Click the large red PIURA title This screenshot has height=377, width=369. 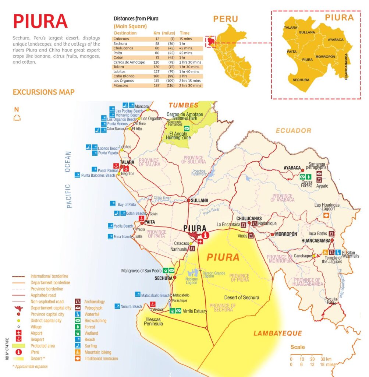click(40, 22)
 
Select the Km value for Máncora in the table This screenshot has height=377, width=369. click(157, 85)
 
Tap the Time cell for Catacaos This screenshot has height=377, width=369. click(184, 39)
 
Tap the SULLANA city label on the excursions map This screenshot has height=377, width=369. click(199, 201)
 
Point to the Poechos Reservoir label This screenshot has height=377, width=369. click(200, 173)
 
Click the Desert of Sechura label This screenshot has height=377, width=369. click(241, 297)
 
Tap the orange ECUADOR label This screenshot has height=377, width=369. click(293, 131)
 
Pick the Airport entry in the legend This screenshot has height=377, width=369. click(37, 333)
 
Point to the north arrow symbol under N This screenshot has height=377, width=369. click(17, 118)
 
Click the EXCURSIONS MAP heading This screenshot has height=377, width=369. click(43, 92)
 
